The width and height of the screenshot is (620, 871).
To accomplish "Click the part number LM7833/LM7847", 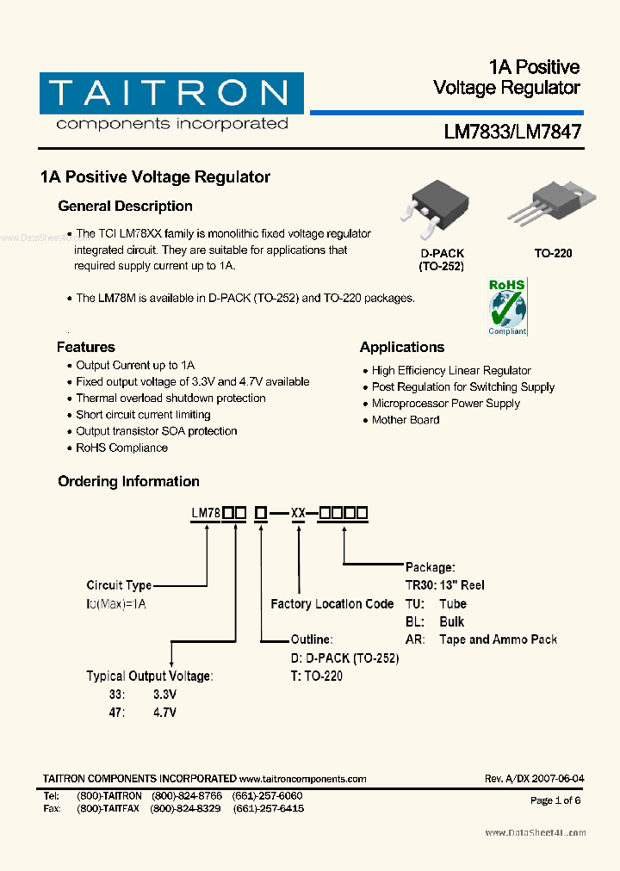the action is point(512,133).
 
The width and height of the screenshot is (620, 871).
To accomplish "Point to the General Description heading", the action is point(125,207).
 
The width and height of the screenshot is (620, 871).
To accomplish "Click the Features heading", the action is point(85,348).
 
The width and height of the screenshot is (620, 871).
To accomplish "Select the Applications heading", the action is point(402,348).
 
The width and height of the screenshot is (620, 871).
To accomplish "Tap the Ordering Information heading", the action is point(128,482).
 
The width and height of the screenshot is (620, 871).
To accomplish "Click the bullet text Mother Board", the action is point(406,420).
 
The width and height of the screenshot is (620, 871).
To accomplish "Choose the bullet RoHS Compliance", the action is point(121,448).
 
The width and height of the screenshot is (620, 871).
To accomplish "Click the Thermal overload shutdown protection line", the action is point(170,398).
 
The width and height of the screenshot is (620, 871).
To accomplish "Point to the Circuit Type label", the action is point(119,586).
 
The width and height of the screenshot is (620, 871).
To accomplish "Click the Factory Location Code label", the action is point(332,604).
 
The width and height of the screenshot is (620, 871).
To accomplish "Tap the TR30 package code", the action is point(421,585).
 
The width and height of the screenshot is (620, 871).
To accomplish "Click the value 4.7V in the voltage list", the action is point(164,713).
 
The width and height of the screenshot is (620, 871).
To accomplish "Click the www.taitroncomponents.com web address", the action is point(302,779).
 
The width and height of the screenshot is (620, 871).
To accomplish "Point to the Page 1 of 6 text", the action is point(555,800).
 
